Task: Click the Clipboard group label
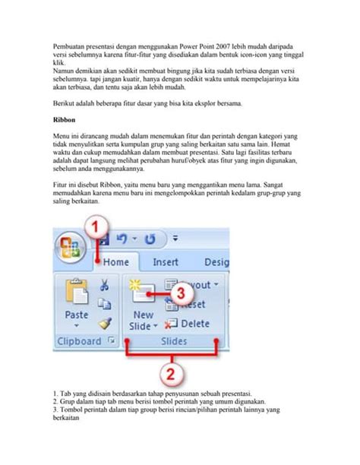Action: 80,341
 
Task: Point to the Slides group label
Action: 175,342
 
